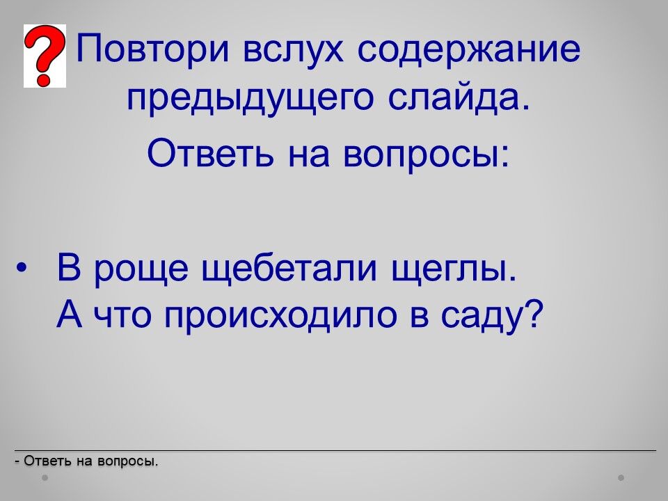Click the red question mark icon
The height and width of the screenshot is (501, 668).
coord(45,56)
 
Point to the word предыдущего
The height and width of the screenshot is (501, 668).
coord(250,100)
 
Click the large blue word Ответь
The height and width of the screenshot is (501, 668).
coord(210,152)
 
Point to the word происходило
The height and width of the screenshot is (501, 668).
coord(280,317)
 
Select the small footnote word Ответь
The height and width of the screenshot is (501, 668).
coord(48,461)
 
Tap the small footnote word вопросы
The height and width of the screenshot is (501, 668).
coord(128,462)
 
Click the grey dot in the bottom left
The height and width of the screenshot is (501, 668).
coord(45,477)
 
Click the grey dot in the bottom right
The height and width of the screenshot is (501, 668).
coord(621,477)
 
